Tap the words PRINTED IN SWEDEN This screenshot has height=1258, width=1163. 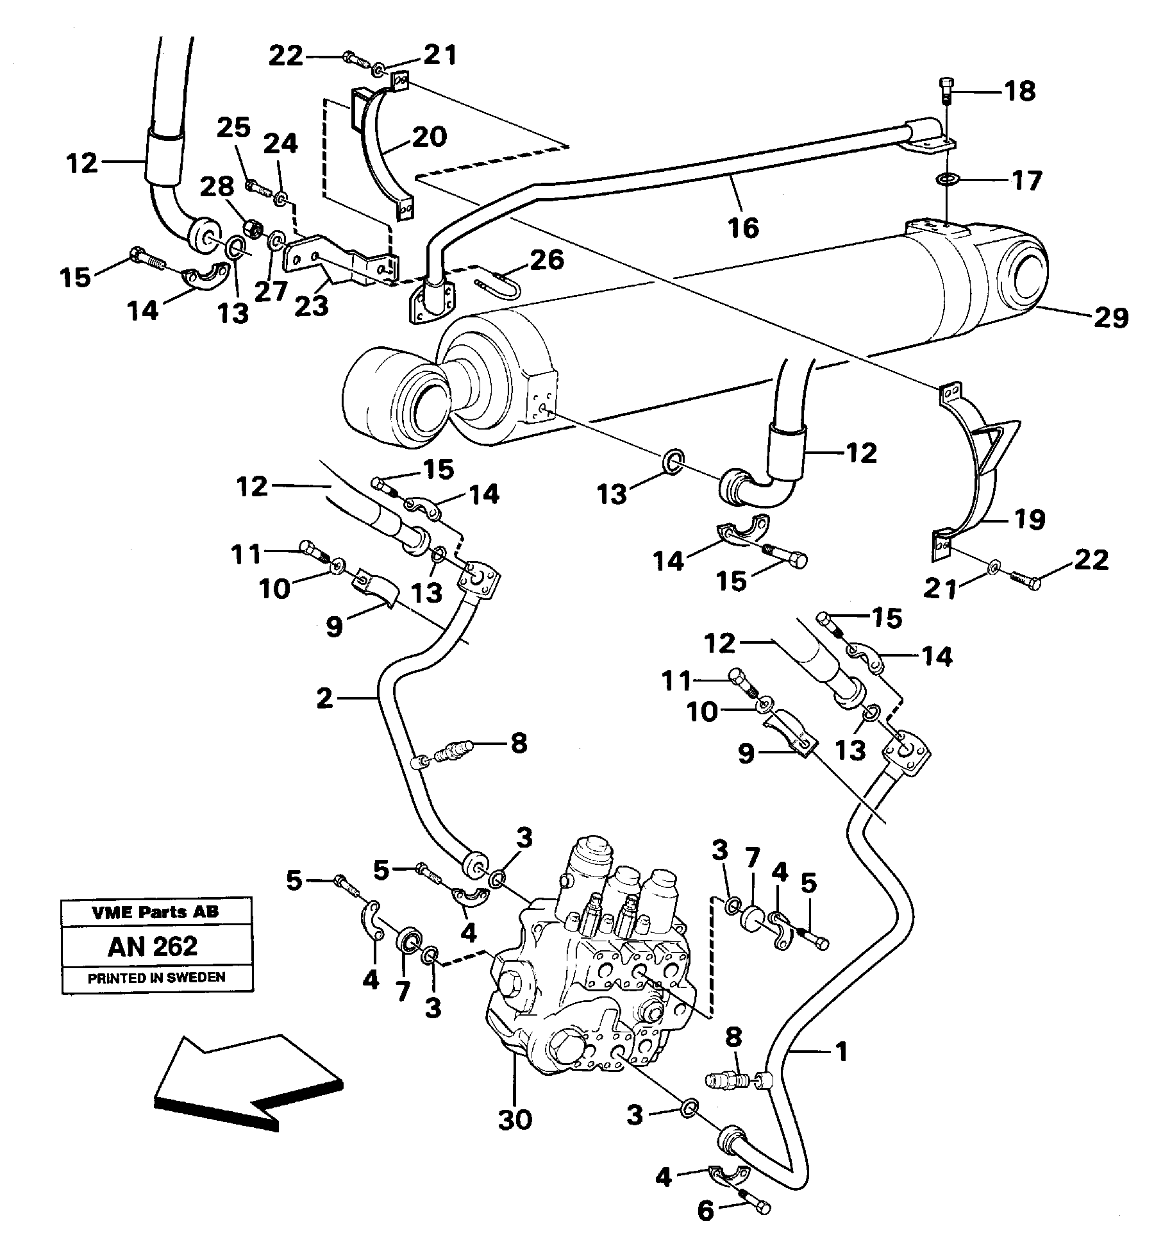tap(156, 978)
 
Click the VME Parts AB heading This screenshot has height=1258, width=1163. tap(156, 912)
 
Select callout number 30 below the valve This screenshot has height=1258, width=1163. tap(515, 1120)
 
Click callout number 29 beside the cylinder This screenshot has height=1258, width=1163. tap(1111, 317)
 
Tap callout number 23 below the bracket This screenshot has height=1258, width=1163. tap(312, 305)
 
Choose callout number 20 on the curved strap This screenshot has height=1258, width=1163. tap(429, 136)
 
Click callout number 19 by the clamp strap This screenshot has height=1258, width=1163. tap(1028, 519)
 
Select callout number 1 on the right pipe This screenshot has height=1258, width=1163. tap(841, 1052)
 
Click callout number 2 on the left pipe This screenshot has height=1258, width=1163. tap(325, 698)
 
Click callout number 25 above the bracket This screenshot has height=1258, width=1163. tap(233, 128)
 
